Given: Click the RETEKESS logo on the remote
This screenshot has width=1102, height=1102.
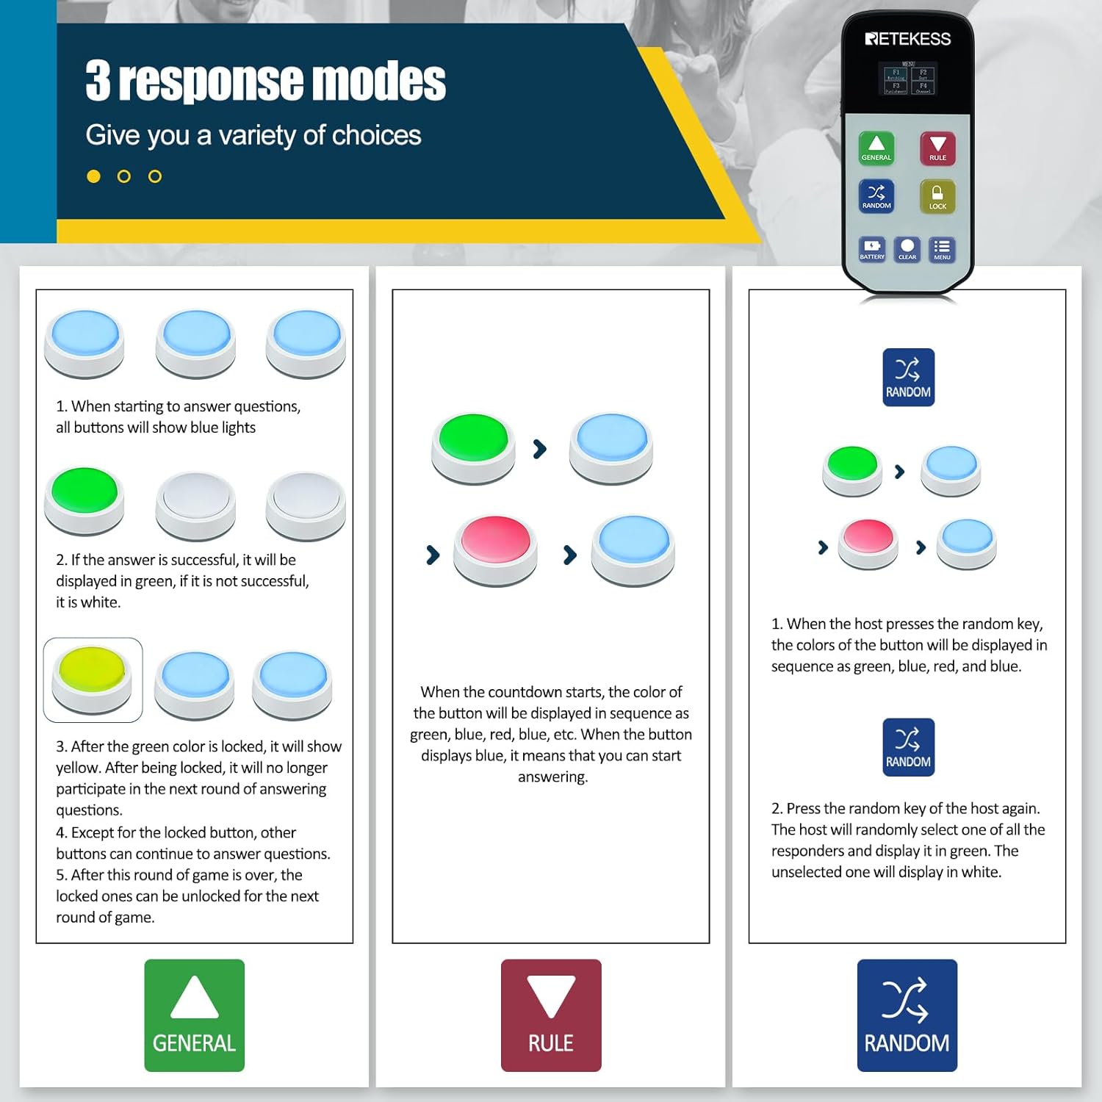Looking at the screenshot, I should click(x=908, y=39).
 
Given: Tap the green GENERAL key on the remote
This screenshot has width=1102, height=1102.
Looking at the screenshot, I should click(x=876, y=148).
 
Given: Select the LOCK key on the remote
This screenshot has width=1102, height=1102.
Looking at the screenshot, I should click(x=937, y=197).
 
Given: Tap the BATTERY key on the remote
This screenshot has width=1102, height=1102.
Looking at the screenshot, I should click(x=872, y=249).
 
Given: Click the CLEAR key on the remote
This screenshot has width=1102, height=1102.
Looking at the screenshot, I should click(x=907, y=249).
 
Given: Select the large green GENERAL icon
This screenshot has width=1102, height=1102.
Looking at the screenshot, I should click(x=194, y=1015).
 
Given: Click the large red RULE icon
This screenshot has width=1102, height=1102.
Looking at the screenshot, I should click(x=551, y=1015).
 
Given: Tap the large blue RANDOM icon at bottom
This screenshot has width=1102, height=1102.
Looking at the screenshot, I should click(x=907, y=1015).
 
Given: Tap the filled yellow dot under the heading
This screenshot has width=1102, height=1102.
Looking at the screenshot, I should click(x=93, y=176).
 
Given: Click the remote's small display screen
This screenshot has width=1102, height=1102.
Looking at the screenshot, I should click(x=909, y=79).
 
